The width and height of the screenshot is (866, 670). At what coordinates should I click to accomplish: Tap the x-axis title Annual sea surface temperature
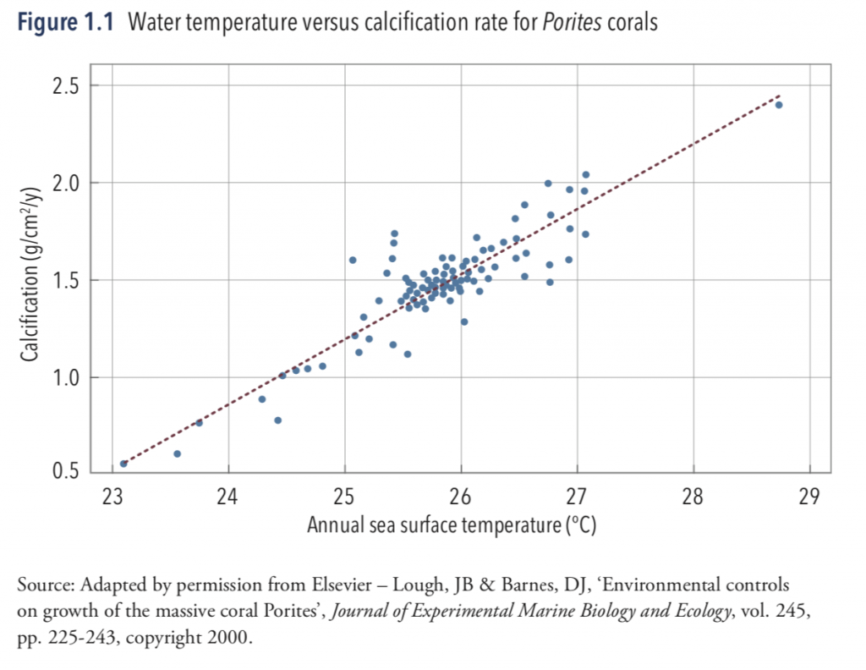click(x=452, y=525)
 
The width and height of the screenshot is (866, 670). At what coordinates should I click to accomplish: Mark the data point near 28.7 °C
click(x=779, y=105)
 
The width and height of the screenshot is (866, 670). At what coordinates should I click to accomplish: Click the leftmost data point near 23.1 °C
click(x=123, y=464)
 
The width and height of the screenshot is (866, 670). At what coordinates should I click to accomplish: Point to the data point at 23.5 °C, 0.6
click(x=177, y=454)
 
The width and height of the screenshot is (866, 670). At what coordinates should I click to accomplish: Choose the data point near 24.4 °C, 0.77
click(x=277, y=420)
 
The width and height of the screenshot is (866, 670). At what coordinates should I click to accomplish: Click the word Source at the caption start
click(x=41, y=585)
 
